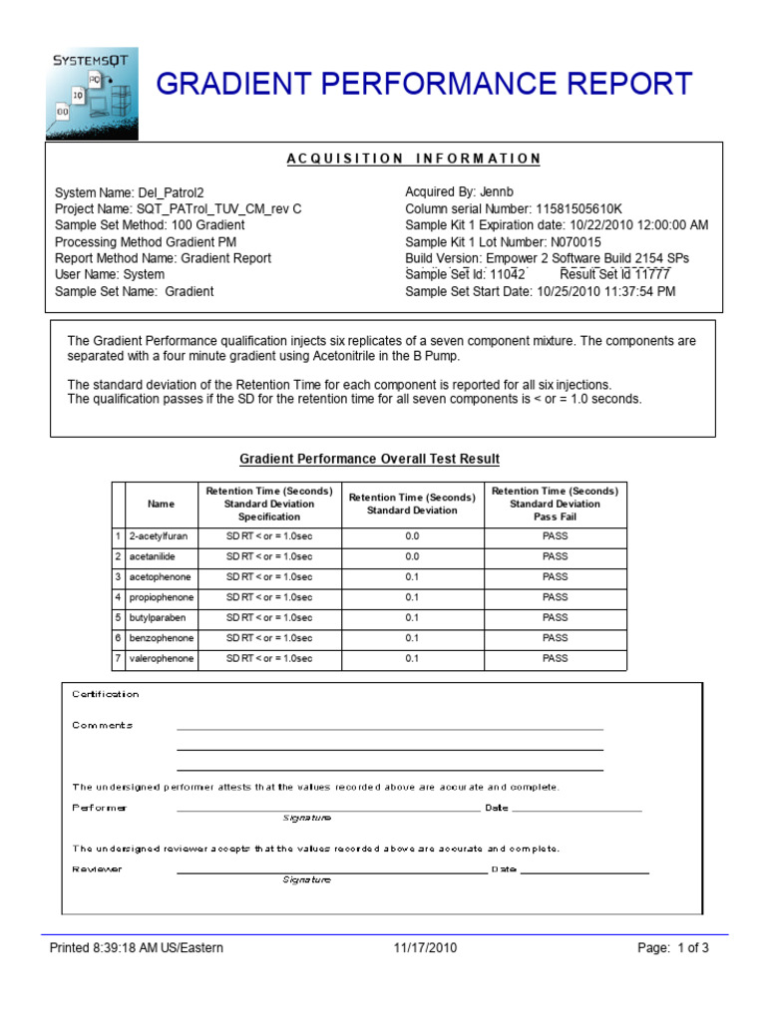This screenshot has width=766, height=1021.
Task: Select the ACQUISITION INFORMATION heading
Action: [x=413, y=159]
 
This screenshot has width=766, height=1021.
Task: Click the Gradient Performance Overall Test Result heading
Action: [x=369, y=459]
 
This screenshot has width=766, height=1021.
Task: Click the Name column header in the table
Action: [x=161, y=505]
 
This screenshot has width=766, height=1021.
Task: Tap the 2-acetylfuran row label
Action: [x=158, y=536]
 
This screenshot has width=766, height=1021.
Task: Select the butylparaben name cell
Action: [x=157, y=618]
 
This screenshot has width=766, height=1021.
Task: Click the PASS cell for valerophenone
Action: [x=555, y=659]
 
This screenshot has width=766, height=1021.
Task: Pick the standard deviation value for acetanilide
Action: [x=412, y=556]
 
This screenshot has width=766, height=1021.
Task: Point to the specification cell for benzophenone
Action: [x=269, y=638]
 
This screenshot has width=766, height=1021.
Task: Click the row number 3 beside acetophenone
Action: [x=118, y=577]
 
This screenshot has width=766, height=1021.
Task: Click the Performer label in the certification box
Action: [x=100, y=808]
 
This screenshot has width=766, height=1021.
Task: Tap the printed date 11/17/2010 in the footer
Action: [x=425, y=948]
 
